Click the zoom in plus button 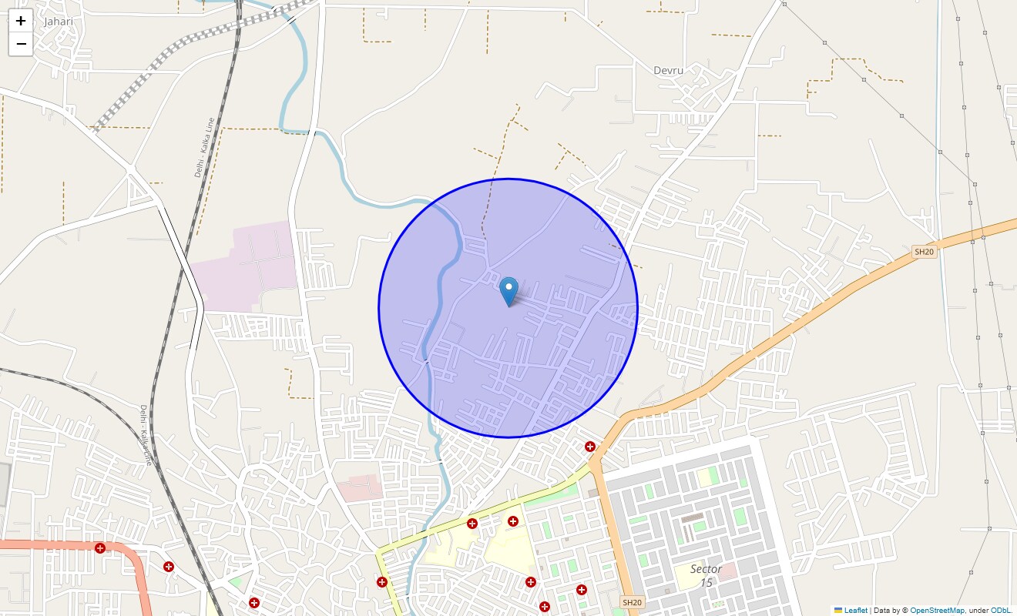21,21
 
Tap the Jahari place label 59,22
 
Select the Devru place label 668,70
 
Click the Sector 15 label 706,575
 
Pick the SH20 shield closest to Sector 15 631,602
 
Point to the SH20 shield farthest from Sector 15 924,252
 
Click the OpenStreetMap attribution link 937,611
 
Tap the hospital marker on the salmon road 100,548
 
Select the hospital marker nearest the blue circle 589,447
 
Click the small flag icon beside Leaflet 837,611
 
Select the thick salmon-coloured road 46,544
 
